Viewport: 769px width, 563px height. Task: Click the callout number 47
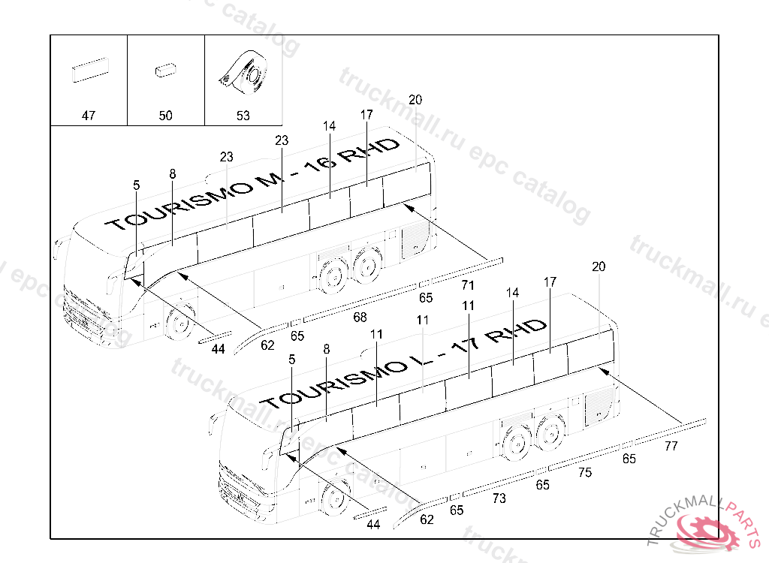coord(89,116)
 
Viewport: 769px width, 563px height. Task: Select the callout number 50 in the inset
coord(165,116)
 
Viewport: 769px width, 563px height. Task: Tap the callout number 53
coord(243,116)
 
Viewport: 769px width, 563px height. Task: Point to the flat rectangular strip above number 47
coord(89,71)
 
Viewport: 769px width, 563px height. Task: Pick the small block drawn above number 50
coord(164,71)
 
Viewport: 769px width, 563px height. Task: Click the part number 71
coord(468,285)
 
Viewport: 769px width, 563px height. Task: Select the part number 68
coord(360,317)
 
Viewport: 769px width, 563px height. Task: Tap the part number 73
coord(499,498)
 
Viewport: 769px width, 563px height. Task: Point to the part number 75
coord(584,472)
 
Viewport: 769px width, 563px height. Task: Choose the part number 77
coord(671,446)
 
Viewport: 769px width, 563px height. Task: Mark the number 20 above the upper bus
coord(415,99)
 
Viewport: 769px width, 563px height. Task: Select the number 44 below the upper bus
coord(218,349)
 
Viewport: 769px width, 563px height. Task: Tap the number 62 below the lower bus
coord(427,519)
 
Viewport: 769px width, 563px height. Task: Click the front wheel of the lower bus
coord(335,498)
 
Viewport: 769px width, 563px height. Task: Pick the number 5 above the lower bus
coord(292,360)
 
